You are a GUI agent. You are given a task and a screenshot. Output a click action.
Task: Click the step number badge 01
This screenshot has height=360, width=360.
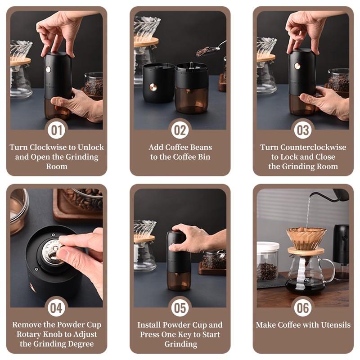(56, 130)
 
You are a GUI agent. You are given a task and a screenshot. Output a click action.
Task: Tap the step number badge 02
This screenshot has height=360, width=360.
(180, 130)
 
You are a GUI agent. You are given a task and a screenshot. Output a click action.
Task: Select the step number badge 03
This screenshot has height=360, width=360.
(303, 130)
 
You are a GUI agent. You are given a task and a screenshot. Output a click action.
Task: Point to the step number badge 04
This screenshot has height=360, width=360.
(56, 308)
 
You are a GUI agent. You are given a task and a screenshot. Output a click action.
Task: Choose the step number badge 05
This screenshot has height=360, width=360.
(180, 308)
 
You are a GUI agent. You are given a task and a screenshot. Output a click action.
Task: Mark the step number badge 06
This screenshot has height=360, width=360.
(303, 308)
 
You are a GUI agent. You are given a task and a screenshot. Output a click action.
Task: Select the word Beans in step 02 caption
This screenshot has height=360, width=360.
(198, 147)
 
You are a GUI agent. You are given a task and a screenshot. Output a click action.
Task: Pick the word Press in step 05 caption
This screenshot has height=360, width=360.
(151, 334)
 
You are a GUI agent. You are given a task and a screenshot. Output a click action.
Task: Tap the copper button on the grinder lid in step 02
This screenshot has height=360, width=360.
(153, 87)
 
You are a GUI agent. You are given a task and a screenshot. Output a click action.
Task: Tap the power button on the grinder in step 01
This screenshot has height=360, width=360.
(48, 69)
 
